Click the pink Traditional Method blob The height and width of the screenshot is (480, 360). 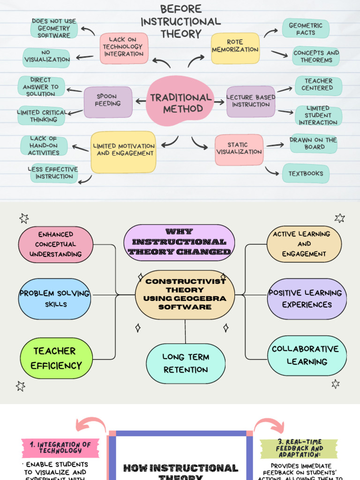click(180, 102)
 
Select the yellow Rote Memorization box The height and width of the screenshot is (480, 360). click(235, 48)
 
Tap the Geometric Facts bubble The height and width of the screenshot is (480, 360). click(306, 29)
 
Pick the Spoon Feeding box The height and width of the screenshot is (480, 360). click(108, 102)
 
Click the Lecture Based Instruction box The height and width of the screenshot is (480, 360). click(251, 101)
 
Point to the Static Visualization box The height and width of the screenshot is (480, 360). click(239, 150)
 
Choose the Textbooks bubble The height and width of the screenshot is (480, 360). click(306, 173)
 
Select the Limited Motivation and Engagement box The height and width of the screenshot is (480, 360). click(123, 151)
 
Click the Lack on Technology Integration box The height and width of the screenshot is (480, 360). click(123, 48)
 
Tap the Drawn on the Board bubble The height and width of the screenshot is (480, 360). click(313, 143)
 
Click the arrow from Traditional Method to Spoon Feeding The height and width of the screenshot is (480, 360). click(140, 101)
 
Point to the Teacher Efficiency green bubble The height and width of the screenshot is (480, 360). click(56, 359)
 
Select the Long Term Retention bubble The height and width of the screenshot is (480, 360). click(186, 363)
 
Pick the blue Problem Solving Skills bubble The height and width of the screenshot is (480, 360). click(54, 299)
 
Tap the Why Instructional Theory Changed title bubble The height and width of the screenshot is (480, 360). click(179, 242)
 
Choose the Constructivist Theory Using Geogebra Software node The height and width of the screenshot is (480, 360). click(185, 294)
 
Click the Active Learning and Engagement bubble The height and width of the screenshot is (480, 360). click(304, 244)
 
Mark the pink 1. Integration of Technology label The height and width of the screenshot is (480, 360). click(60, 447)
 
